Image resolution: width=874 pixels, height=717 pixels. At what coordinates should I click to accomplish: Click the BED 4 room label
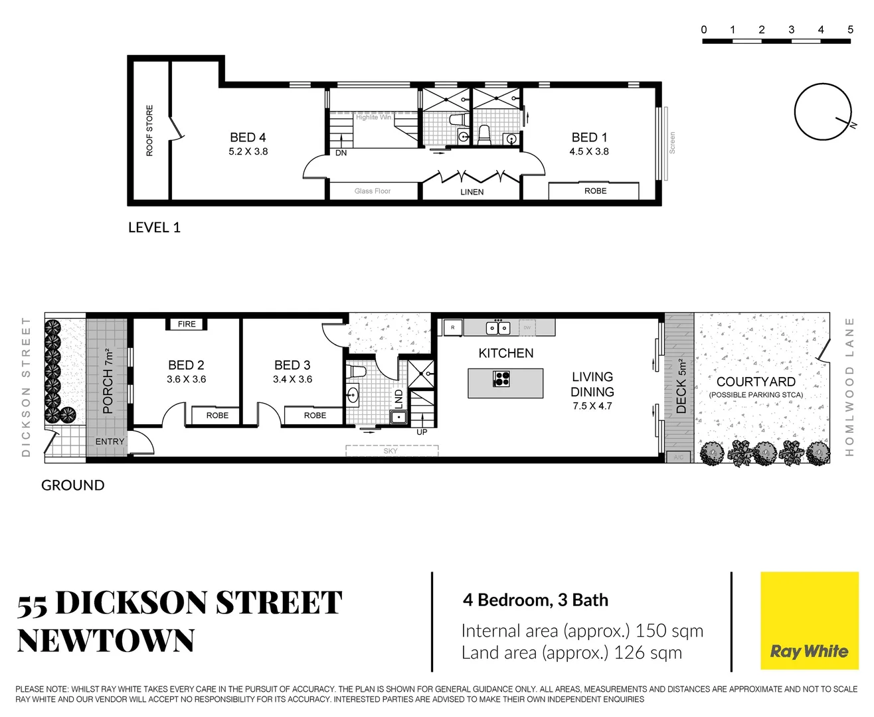[x=248, y=137]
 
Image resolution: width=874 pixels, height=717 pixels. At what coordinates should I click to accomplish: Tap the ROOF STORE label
[x=149, y=130]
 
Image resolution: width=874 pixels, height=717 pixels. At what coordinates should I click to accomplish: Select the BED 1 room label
[x=589, y=137]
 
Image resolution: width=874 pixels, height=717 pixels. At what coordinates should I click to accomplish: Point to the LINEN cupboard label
[x=472, y=192]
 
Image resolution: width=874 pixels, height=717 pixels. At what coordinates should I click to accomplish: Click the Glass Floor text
[x=373, y=191]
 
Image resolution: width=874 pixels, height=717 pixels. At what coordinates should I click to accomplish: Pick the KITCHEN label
[x=505, y=353]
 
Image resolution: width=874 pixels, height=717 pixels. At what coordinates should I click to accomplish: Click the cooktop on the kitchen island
[x=501, y=379]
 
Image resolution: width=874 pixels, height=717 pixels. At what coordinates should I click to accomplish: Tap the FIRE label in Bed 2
[x=187, y=324]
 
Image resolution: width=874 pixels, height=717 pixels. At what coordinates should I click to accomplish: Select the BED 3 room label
[x=292, y=365]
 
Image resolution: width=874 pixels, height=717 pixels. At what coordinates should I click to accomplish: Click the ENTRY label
[x=110, y=441]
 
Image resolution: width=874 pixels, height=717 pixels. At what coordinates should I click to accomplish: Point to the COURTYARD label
[x=756, y=382]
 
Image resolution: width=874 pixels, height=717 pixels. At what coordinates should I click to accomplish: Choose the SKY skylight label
[x=391, y=451]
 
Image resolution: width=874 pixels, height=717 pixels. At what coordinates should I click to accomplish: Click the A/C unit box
[x=678, y=457]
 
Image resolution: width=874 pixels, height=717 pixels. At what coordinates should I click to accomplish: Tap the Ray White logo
[x=809, y=621]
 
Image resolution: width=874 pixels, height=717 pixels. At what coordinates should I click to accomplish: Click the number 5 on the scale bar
[x=850, y=30]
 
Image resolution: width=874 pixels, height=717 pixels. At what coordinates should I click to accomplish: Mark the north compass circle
[x=822, y=112]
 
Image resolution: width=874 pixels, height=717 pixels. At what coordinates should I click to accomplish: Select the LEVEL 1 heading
[x=154, y=228]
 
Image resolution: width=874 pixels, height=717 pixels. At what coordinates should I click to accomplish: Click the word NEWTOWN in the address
[x=106, y=641]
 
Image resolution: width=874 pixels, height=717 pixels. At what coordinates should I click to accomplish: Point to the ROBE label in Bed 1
[x=595, y=191]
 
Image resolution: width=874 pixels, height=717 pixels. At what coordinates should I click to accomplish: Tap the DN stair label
[x=341, y=153]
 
